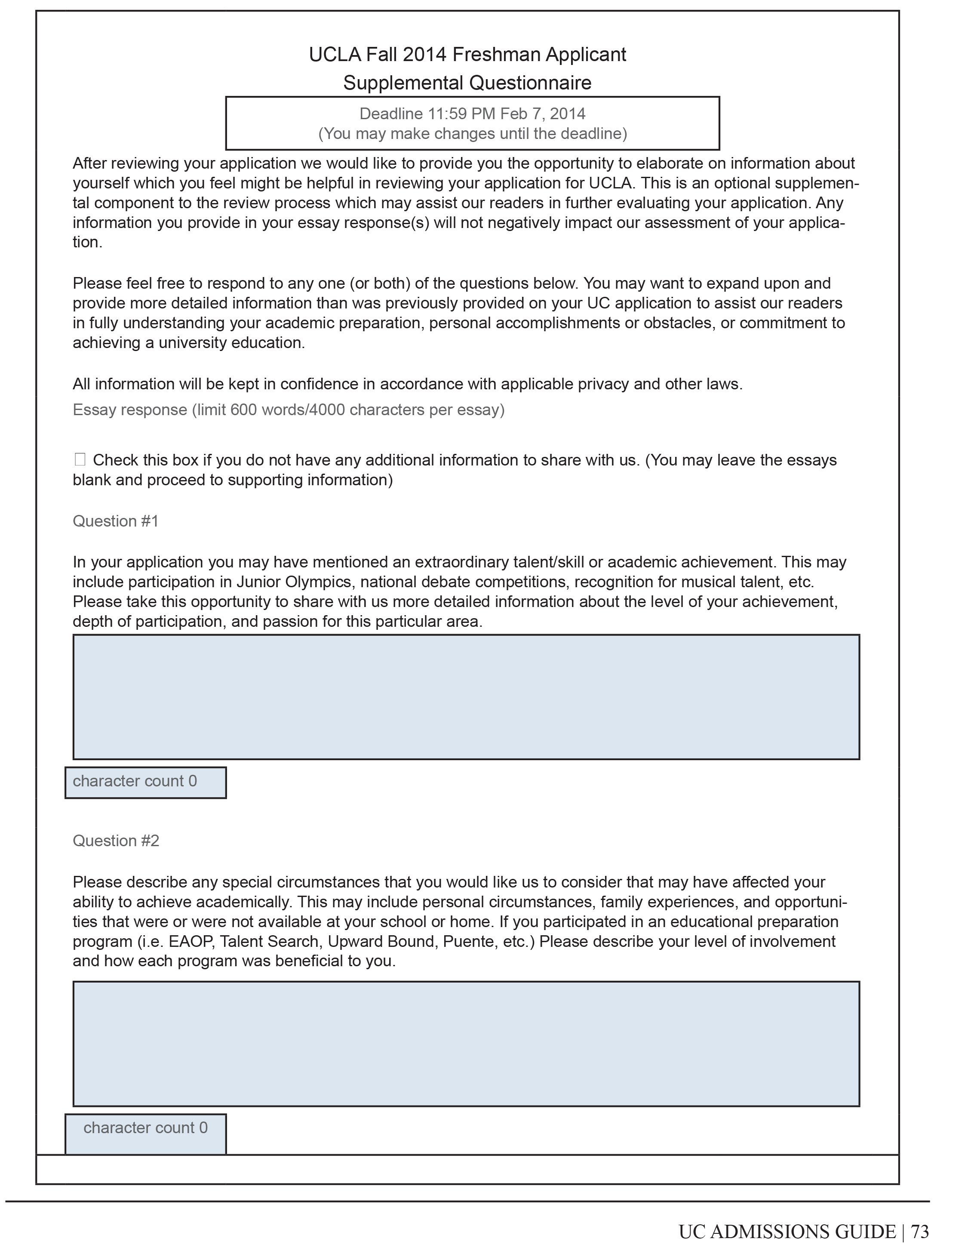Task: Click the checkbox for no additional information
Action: click(80, 459)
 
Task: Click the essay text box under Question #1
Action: click(466, 697)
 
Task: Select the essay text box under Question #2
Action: click(466, 1044)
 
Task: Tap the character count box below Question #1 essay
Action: click(145, 782)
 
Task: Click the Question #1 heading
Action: click(116, 521)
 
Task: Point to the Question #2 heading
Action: click(116, 841)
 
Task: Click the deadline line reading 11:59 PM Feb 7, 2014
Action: click(473, 114)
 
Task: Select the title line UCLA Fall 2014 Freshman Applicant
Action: click(467, 55)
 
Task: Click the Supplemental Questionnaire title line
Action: click(467, 83)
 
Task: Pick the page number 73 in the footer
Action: click(920, 1231)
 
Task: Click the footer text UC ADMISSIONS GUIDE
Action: click(787, 1231)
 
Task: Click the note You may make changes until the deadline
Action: click(473, 134)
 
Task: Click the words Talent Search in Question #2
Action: click(268, 941)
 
